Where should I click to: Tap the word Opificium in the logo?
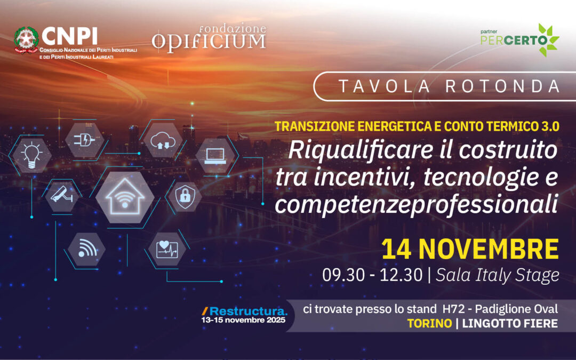point(209,42)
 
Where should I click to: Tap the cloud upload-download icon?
point(163,140)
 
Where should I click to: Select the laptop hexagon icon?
point(215,155)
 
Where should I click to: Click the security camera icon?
point(60,195)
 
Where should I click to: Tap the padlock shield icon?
point(185,197)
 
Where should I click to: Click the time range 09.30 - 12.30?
point(373,275)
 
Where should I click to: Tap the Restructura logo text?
point(249,311)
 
